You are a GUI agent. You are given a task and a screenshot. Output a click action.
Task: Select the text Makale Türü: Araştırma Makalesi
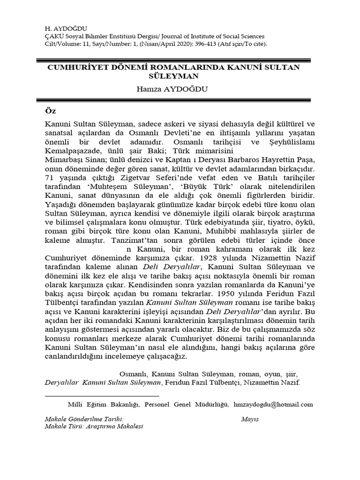[93, 427]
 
